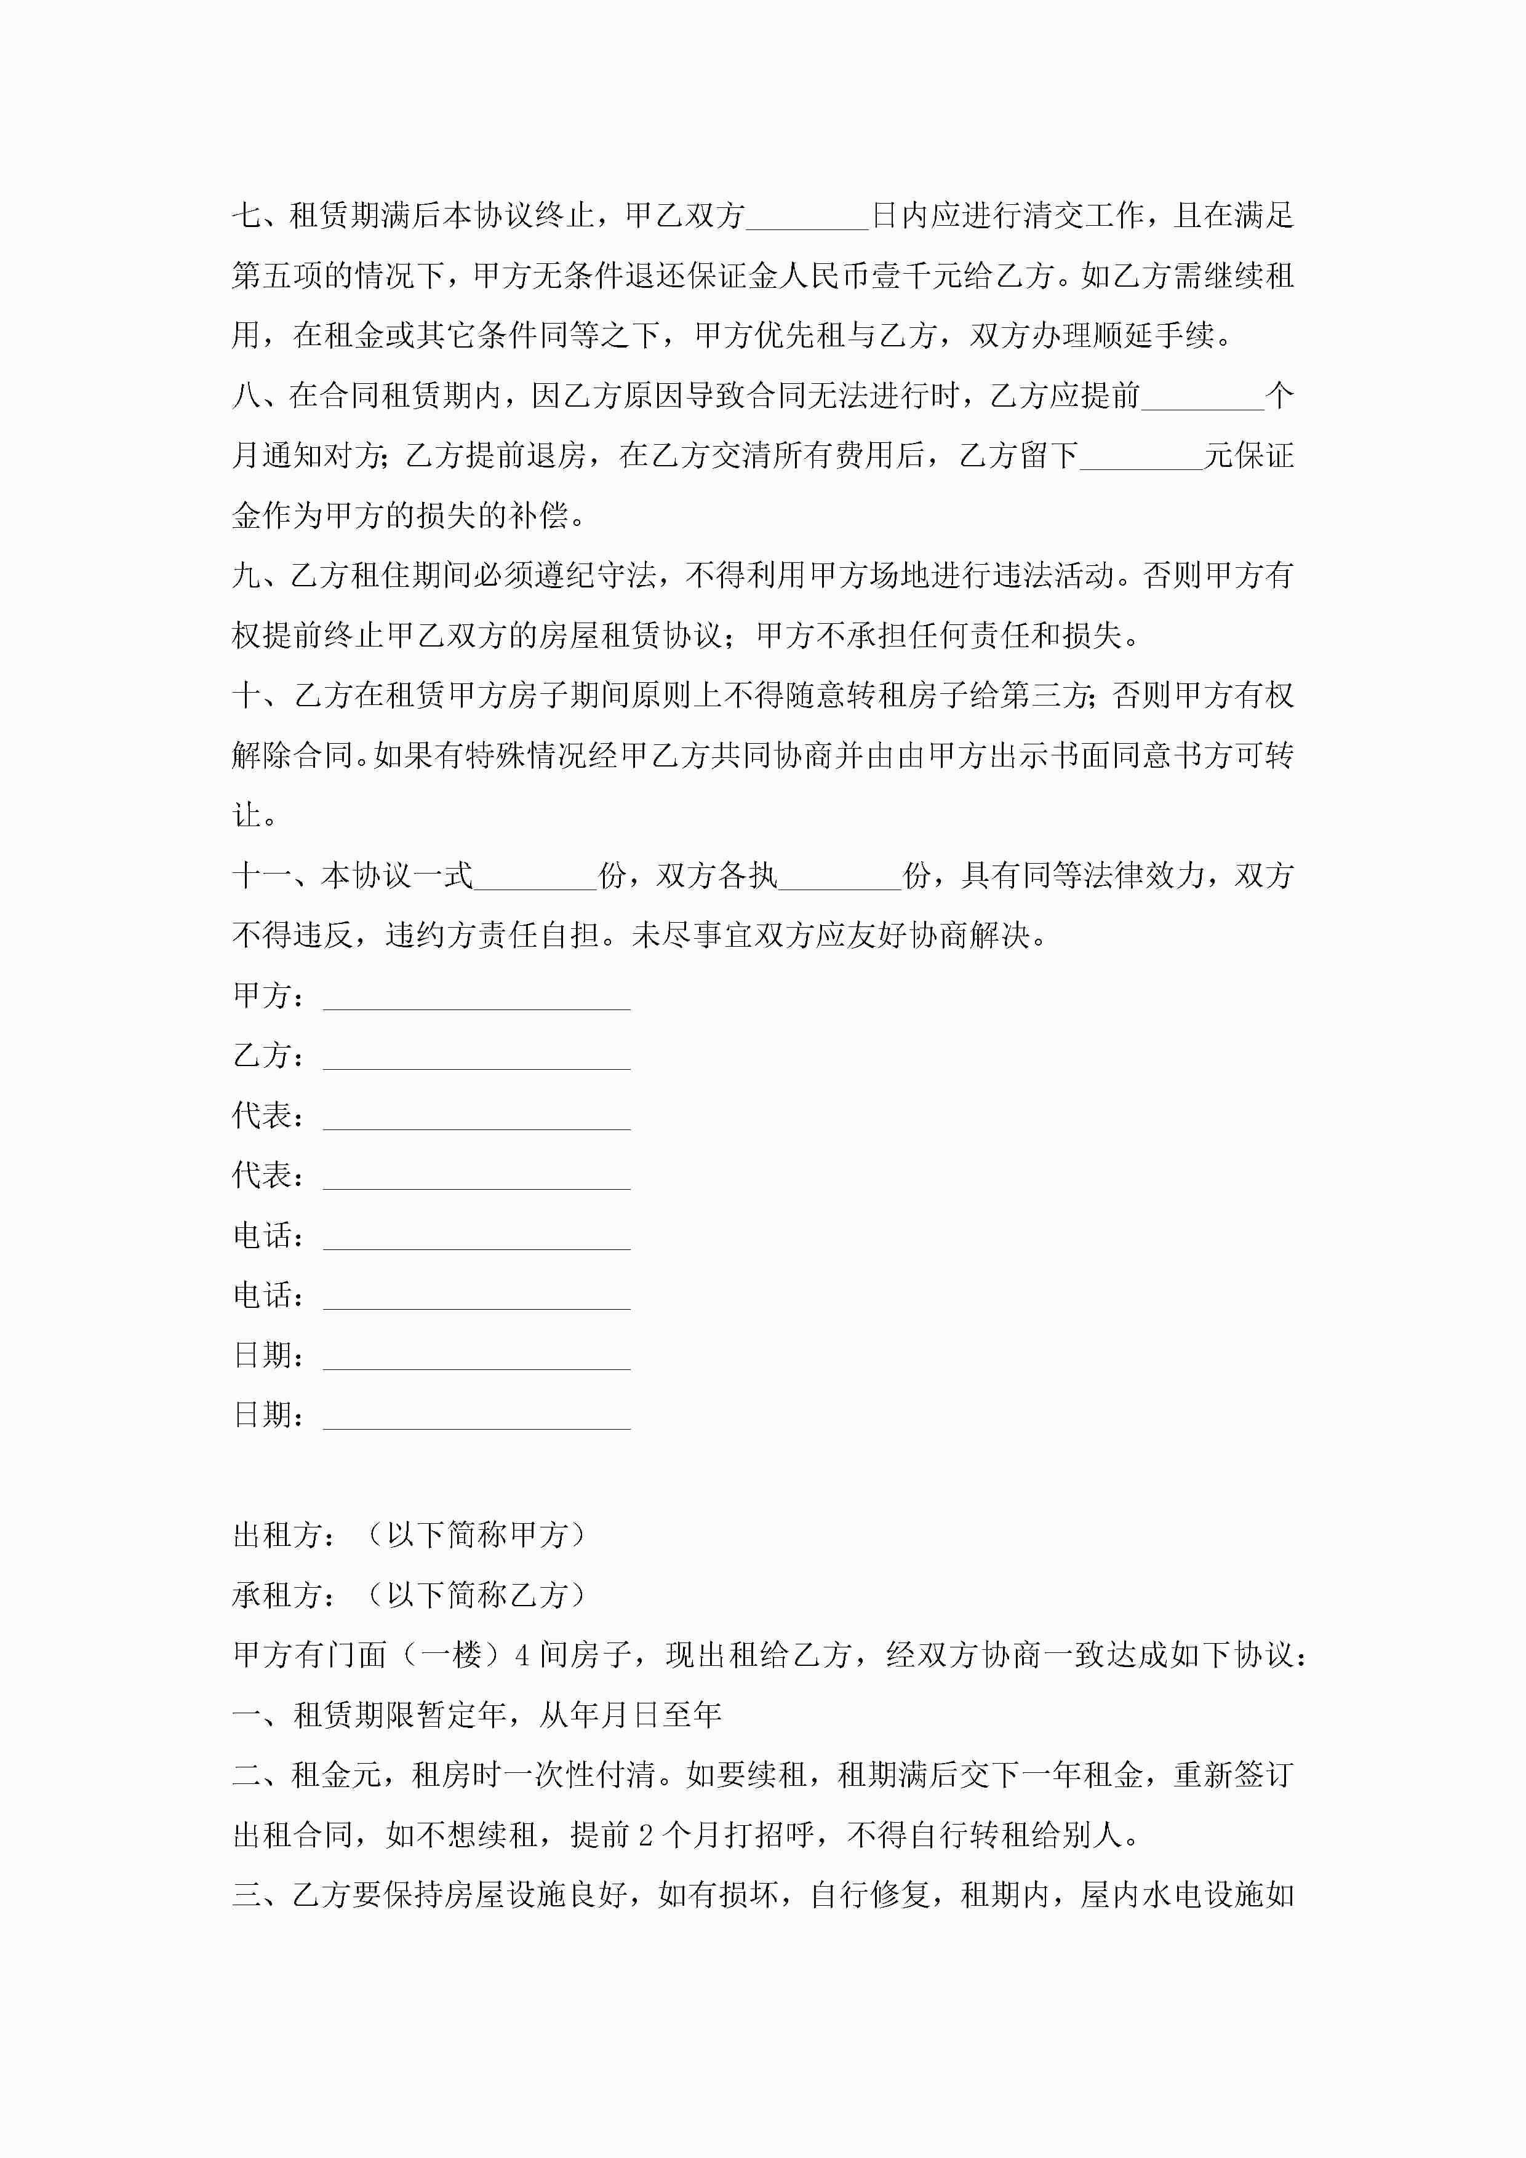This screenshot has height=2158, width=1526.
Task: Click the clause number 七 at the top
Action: click(x=247, y=216)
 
